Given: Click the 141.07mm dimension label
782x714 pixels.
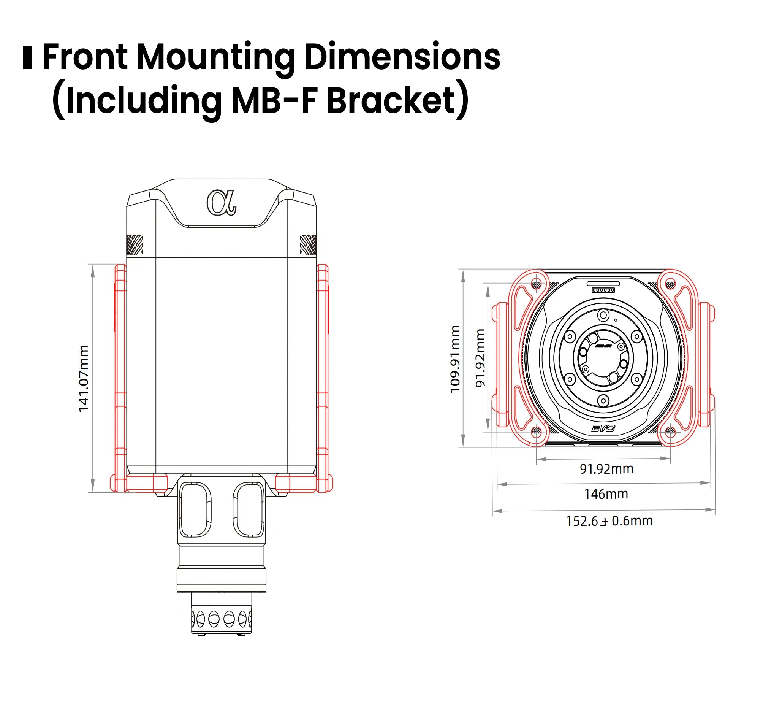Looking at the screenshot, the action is [84, 379].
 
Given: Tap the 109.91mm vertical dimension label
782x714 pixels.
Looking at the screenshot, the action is [455, 359].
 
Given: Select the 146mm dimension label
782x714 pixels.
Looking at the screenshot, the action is [606, 494].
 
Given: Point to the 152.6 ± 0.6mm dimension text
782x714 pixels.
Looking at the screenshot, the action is [609, 521].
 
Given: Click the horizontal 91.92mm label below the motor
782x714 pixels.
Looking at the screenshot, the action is [607, 469].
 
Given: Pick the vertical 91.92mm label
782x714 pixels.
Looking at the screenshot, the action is [480, 358].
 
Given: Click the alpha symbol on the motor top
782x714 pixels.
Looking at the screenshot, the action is [222, 203].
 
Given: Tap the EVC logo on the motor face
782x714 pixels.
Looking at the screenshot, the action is [603, 428].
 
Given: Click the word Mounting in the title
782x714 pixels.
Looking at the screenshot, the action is [216, 57].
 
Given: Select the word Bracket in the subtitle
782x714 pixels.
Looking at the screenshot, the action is [391, 101].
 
